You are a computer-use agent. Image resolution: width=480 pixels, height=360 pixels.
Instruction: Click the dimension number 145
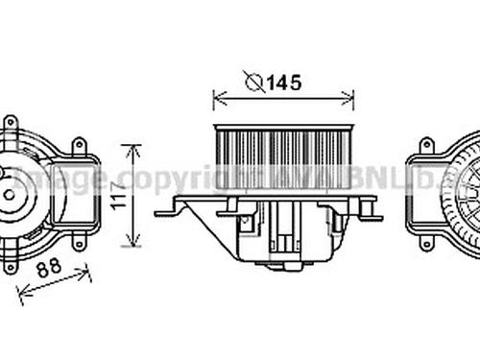click(x=284, y=83)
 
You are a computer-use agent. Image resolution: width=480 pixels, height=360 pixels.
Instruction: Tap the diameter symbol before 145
click(x=254, y=83)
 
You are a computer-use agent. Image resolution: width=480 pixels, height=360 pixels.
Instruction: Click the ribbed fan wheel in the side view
click(x=284, y=157)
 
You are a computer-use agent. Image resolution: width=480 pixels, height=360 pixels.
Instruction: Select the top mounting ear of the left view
click(x=11, y=123)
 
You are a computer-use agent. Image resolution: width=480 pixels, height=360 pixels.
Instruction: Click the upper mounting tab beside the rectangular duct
click(x=79, y=147)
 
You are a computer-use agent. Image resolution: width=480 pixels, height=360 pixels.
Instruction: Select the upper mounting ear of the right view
click(x=426, y=147)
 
